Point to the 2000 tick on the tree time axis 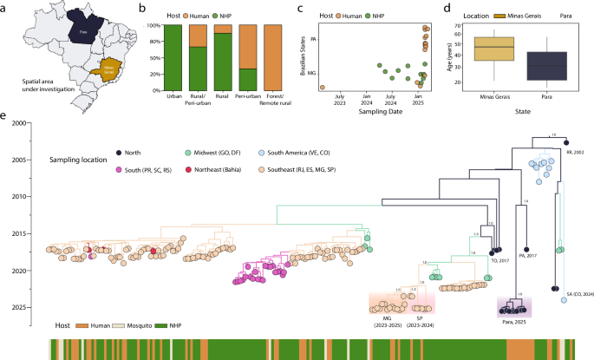pos(23,124)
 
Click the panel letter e pos(7,115)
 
